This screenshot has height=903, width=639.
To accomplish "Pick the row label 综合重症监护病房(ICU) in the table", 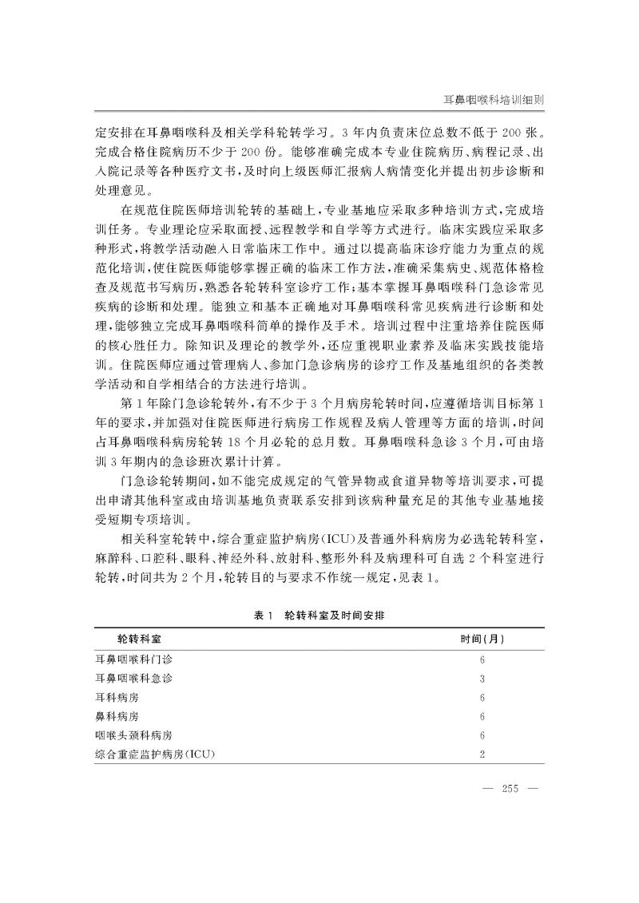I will (x=155, y=754).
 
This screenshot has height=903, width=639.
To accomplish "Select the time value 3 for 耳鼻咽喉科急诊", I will (x=482, y=679).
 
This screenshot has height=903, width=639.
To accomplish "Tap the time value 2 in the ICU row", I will (x=482, y=754).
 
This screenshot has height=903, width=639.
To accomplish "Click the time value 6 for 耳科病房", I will (x=482, y=697).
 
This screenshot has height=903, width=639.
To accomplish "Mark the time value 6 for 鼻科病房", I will (x=482, y=716).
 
